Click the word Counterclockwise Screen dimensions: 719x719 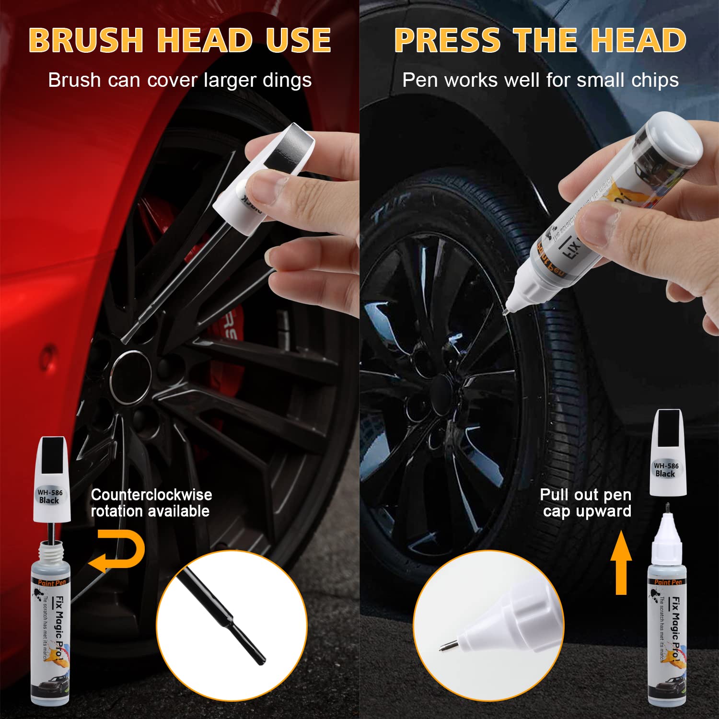(151, 495)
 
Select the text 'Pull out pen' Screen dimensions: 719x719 (585, 495)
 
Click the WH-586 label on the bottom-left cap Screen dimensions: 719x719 (50, 492)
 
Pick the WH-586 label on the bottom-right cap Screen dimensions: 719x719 (666, 465)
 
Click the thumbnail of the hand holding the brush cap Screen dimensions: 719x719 (268, 185)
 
